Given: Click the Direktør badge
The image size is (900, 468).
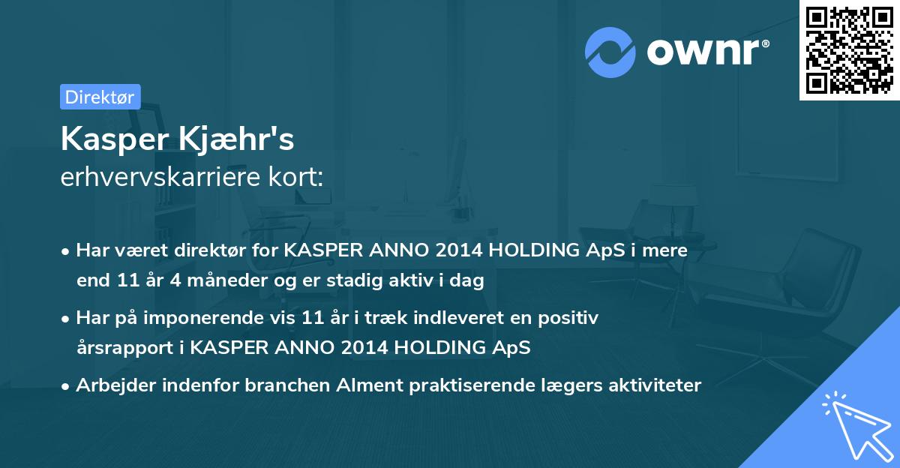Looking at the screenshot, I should point(100,97).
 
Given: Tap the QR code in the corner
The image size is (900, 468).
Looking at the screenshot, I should point(849,49).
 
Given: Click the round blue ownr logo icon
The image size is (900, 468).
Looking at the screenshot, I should point(611,52).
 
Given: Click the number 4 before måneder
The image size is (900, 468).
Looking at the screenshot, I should point(169,281).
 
